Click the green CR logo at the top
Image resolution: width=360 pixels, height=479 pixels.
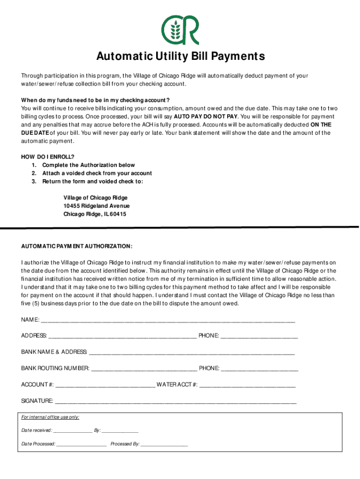coord(180,29)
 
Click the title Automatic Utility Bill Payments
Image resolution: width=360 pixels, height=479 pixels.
coord(180,57)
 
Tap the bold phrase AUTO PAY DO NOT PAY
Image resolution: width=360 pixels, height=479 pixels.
coord(206,116)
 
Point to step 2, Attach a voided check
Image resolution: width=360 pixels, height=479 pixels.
coord(97,173)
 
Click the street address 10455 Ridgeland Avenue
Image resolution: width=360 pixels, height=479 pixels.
coord(97,206)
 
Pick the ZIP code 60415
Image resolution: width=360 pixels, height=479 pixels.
coord(118,214)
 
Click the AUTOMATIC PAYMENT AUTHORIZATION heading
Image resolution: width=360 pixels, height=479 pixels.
coord(77,246)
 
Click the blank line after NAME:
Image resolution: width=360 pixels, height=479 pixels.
coord(168,321)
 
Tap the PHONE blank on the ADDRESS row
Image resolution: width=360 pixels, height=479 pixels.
coord(259,336)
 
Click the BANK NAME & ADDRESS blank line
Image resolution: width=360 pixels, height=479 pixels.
coord(192,352)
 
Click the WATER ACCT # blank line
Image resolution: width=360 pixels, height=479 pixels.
coord(247,385)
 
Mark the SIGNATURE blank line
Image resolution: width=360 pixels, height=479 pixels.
coord(176,401)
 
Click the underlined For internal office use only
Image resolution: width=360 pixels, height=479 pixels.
coord(50,417)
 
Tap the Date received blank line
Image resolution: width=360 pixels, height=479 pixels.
coord(72,431)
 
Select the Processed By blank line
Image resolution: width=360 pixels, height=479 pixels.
coord(164,444)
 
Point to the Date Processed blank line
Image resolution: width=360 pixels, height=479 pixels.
coord(82,444)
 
